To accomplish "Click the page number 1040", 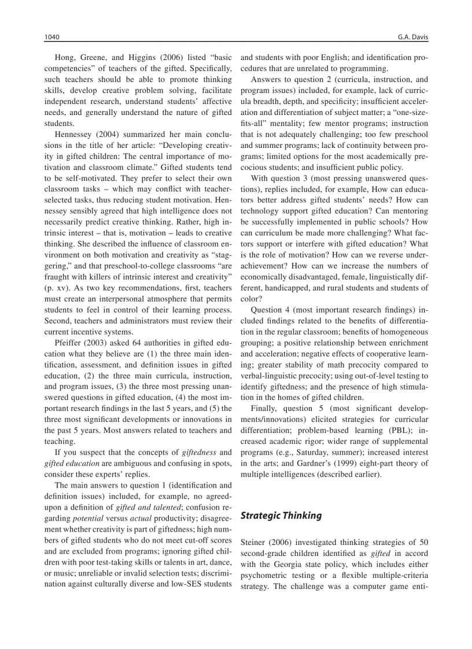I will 52,38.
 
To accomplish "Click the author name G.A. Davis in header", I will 413,38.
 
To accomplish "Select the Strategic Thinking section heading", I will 281,516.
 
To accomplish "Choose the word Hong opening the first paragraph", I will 64,58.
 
